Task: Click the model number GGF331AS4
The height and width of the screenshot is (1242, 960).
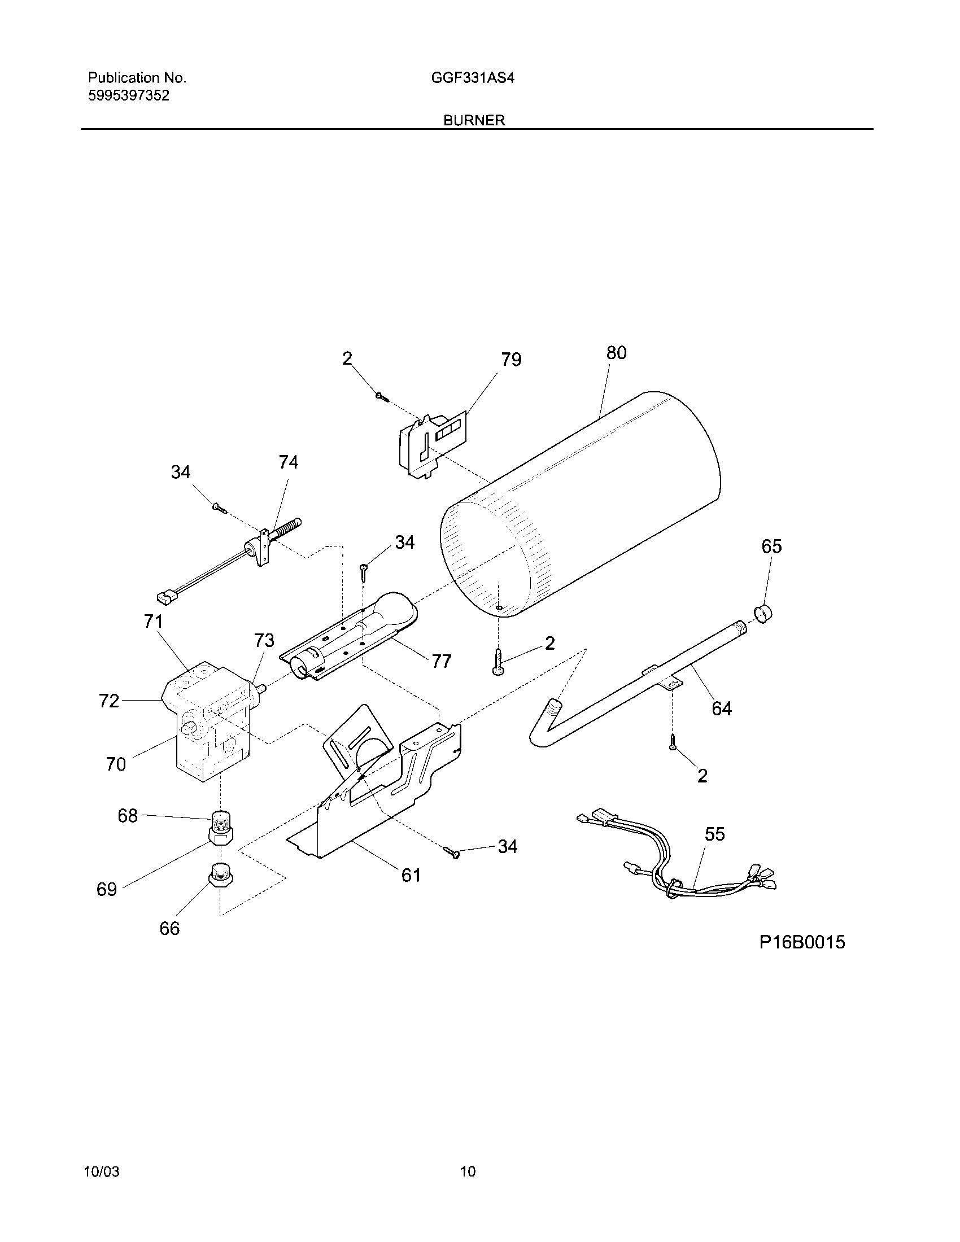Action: click(472, 78)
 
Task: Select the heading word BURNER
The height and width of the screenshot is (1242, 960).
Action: click(474, 121)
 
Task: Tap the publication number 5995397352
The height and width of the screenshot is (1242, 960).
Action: click(129, 95)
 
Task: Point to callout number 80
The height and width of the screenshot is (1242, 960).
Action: click(616, 353)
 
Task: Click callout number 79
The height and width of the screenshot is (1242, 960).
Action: click(510, 360)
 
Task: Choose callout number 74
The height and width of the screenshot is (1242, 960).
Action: click(289, 462)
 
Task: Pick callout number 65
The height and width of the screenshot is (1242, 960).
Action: click(772, 546)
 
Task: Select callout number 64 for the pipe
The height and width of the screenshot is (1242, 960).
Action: click(722, 709)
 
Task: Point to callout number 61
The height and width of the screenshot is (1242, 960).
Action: click(411, 875)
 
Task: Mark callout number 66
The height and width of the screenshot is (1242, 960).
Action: click(169, 929)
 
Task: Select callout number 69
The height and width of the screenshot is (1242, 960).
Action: click(106, 889)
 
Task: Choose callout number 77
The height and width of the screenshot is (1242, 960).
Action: click(442, 661)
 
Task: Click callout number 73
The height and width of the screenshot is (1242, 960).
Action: click(264, 641)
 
